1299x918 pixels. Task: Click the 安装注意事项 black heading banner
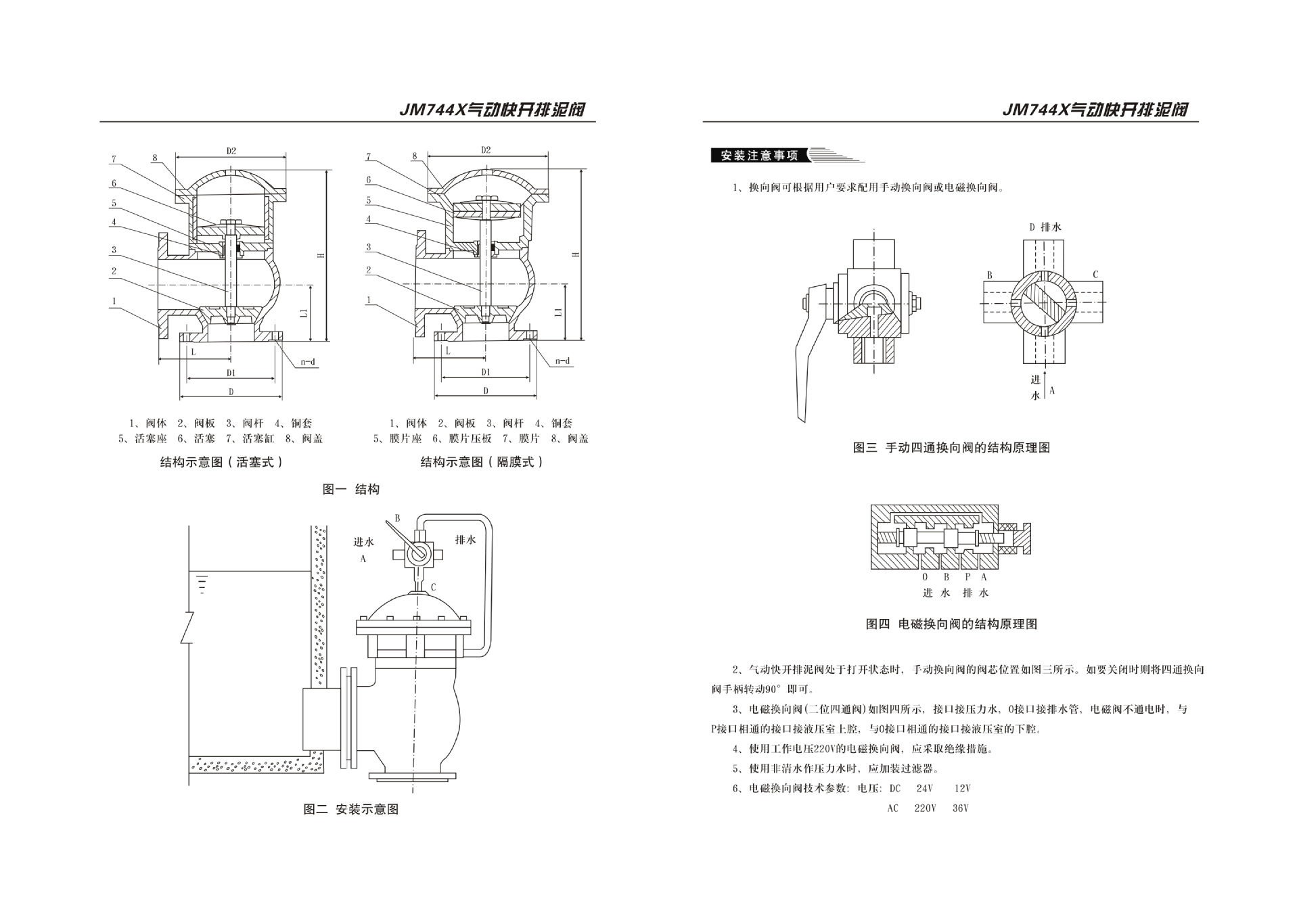click(x=759, y=156)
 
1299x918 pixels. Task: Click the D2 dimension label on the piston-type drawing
click(x=231, y=151)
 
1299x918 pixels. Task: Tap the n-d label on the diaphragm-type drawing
click(x=562, y=361)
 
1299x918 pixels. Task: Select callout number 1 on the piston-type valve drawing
click(x=114, y=301)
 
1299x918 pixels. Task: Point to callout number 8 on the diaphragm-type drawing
click(x=414, y=156)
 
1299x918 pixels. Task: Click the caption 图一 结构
click(x=350, y=489)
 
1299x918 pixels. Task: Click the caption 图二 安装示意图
click(x=350, y=809)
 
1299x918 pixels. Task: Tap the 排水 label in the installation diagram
click(x=465, y=540)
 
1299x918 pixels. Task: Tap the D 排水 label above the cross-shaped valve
click(x=1045, y=227)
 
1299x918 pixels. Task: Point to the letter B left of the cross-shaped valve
click(x=989, y=275)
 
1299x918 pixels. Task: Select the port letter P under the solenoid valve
click(x=967, y=577)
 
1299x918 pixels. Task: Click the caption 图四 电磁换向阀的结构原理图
click(x=951, y=624)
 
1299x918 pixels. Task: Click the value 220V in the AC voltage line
click(x=925, y=808)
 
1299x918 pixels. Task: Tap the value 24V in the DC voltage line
click(x=924, y=789)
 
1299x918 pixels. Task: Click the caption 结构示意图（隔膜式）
click(x=482, y=462)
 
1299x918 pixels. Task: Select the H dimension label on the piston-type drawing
click(x=321, y=255)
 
